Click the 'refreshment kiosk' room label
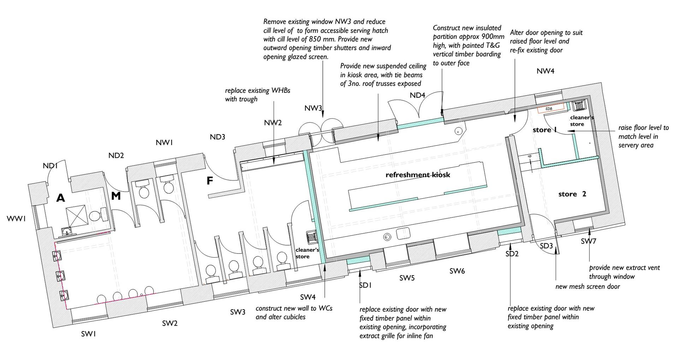(417, 175)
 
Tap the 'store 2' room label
(572, 194)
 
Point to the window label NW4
(545, 71)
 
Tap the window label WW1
(16, 219)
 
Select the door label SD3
(546, 246)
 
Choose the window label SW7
(588, 241)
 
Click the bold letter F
(210, 181)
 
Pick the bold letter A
(61, 198)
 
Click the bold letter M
(116, 196)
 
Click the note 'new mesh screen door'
(587, 287)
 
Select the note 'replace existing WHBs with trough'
(257, 95)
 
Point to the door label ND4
(417, 95)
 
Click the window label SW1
(88, 334)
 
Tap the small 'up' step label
(529, 156)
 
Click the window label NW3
(313, 108)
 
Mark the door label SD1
(365, 285)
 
